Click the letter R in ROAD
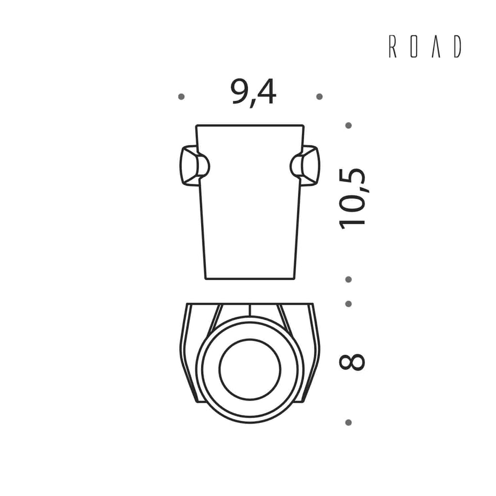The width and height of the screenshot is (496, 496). coord(392,46)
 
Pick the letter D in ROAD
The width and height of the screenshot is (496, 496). coord(457,46)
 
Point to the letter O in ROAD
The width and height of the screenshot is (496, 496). coord(414,46)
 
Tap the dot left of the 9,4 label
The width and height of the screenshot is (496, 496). coord(181,96)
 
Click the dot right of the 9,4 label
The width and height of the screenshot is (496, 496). coord(320,96)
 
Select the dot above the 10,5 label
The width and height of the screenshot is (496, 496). coord(349,125)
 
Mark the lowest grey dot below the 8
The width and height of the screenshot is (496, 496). coord(349,422)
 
